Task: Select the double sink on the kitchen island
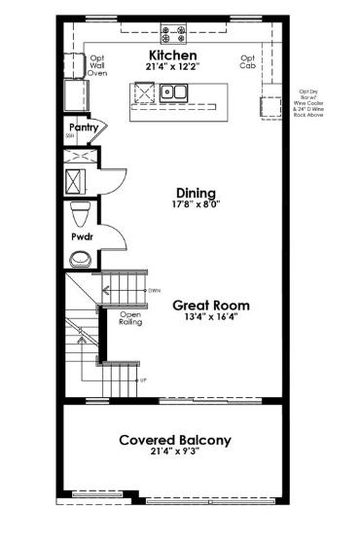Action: click(175, 93)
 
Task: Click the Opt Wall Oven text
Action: click(97, 65)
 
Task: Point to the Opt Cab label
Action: click(248, 61)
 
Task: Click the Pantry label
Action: click(82, 126)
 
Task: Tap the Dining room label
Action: click(196, 193)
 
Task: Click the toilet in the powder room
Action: click(82, 213)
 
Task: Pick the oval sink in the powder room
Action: click(81, 258)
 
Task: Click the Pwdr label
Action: click(82, 236)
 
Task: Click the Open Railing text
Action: click(130, 318)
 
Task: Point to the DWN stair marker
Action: click(153, 290)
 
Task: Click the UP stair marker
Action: click(144, 380)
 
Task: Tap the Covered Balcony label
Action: click(175, 440)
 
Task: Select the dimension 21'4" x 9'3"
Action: click(175, 453)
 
